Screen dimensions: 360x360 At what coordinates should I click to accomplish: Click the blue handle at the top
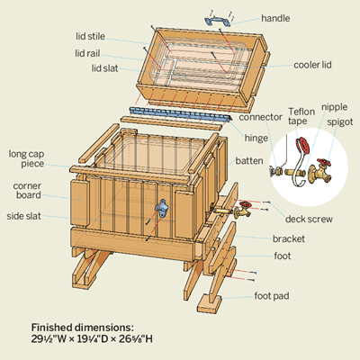[218, 22]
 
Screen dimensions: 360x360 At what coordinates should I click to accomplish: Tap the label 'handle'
[275, 18]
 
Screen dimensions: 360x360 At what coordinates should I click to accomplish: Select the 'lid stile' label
[90, 36]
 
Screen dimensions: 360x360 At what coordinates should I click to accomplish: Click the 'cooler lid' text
[312, 65]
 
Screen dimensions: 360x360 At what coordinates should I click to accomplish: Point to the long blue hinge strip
[181, 113]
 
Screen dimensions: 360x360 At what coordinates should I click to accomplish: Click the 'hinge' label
[256, 139]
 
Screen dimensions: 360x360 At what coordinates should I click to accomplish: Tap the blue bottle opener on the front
[161, 206]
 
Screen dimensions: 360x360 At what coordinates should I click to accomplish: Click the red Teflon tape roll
[302, 146]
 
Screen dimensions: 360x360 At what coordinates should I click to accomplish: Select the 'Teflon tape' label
[301, 116]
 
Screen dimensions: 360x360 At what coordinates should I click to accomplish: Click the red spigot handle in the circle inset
[324, 163]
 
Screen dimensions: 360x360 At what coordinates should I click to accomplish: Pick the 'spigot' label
[340, 122]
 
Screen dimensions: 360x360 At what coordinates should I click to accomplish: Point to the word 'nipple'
[335, 107]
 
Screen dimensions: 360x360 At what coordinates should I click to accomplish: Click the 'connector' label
[260, 117]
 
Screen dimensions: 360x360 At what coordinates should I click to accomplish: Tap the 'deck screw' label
[309, 219]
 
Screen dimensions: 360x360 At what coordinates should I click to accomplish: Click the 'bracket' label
[289, 238]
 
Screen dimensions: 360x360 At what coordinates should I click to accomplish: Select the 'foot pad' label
[272, 296]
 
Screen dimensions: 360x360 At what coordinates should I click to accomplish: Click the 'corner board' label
[27, 191]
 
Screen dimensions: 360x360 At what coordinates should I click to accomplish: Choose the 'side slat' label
[23, 216]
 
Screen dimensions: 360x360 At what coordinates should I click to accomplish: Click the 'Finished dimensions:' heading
[83, 328]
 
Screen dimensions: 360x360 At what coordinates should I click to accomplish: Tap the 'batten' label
[249, 161]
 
